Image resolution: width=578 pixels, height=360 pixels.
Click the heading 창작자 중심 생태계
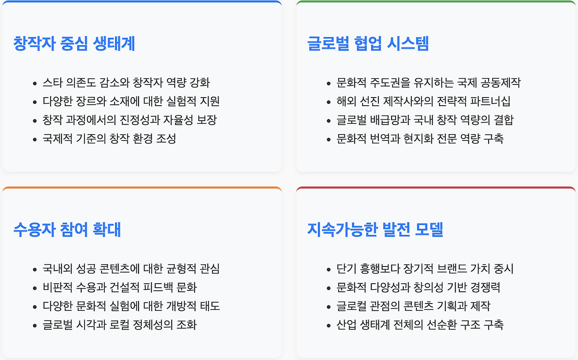(74, 44)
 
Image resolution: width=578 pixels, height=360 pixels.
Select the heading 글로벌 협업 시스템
(368, 44)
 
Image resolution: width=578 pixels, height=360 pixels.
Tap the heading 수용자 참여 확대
(67, 229)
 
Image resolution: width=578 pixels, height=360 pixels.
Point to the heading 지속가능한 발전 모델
(375, 229)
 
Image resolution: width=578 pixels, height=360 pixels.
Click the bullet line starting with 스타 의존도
(126, 83)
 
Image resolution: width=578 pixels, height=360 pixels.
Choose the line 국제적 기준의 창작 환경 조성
(109, 138)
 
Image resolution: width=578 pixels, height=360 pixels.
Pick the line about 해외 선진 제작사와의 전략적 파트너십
(424, 101)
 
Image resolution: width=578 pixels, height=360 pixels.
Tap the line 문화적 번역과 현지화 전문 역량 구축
(420, 138)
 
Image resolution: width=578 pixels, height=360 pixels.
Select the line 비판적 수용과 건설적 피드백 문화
(120, 287)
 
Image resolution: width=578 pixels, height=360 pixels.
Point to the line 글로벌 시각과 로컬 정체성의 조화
(120, 325)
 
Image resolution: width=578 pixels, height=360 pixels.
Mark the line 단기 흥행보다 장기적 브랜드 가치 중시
(425, 269)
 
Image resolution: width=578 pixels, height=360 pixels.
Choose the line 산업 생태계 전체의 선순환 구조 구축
(420, 325)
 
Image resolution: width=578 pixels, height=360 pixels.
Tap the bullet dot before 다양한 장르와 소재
(35, 102)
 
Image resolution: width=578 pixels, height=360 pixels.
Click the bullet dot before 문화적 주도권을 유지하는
(329, 84)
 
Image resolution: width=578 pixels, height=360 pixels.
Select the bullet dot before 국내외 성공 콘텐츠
(35, 270)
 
